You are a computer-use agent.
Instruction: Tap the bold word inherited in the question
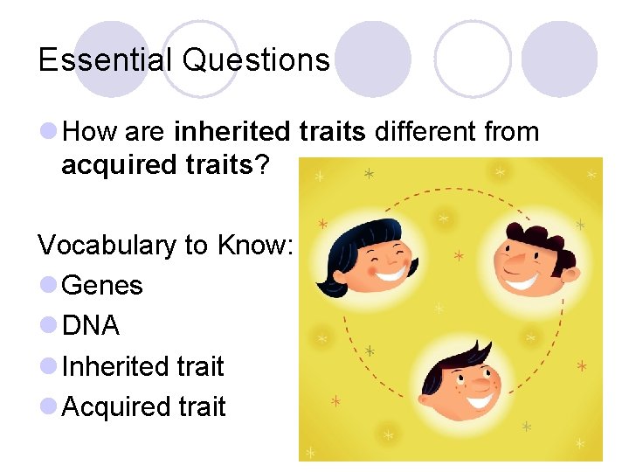pos(231,133)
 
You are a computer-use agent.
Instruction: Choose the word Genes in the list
pos(102,285)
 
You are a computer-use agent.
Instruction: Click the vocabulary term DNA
pos(91,326)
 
